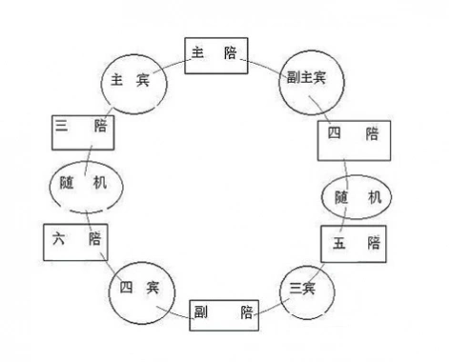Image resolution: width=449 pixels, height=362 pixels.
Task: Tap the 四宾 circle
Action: click(x=133, y=287)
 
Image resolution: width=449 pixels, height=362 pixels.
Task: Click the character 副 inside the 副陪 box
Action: click(x=202, y=312)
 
